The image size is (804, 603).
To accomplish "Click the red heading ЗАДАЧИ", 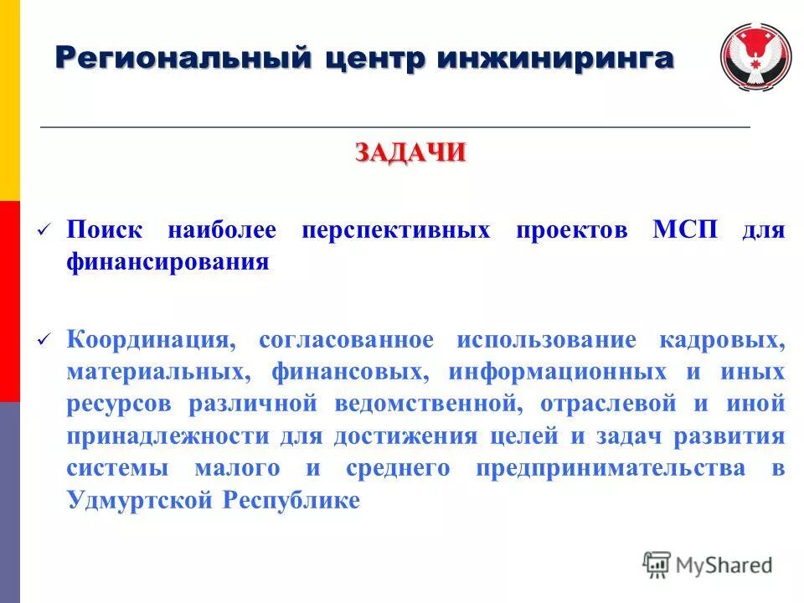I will click(410, 153).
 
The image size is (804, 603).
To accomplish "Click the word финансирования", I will click(167, 262).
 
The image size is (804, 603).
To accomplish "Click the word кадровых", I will click(722, 340).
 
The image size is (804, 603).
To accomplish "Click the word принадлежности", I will click(167, 436).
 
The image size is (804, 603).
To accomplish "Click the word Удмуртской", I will click(139, 500).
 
